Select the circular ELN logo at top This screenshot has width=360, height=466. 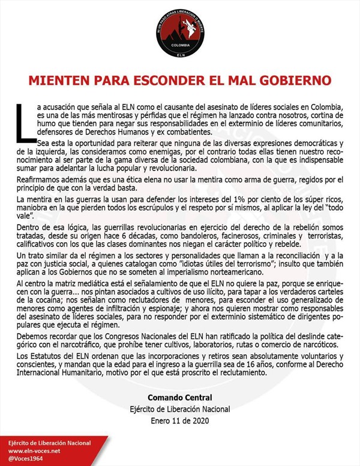coord(180,33)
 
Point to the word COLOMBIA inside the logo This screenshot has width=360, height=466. coord(180,45)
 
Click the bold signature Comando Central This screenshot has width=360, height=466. coord(179,398)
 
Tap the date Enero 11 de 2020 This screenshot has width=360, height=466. coord(179,421)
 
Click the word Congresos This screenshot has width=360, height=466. coord(131,336)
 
